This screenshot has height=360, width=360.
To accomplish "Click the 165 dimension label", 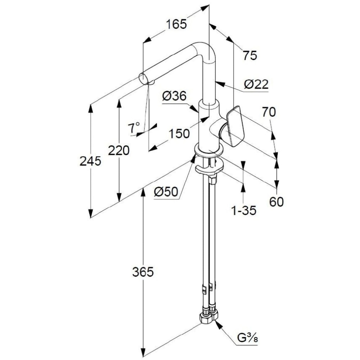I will (x=176, y=24).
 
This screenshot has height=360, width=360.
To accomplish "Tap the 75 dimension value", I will (x=249, y=55).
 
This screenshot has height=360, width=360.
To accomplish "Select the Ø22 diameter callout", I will (x=256, y=84).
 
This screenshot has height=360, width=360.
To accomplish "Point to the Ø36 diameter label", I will (x=174, y=96).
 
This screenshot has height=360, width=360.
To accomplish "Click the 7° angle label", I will (x=134, y=127).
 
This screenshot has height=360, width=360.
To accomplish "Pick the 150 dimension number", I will (x=179, y=134).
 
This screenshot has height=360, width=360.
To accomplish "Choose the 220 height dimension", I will (x=119, y=150).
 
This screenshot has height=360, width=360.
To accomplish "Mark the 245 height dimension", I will (x=90, y=161).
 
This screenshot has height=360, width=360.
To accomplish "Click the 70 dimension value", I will (x=269, y=113).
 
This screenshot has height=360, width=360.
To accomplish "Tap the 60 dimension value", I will (x=276, y=202).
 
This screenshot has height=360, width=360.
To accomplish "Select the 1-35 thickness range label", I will (x=244, y=210).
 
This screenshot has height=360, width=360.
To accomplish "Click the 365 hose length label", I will (x=143, y=272).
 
